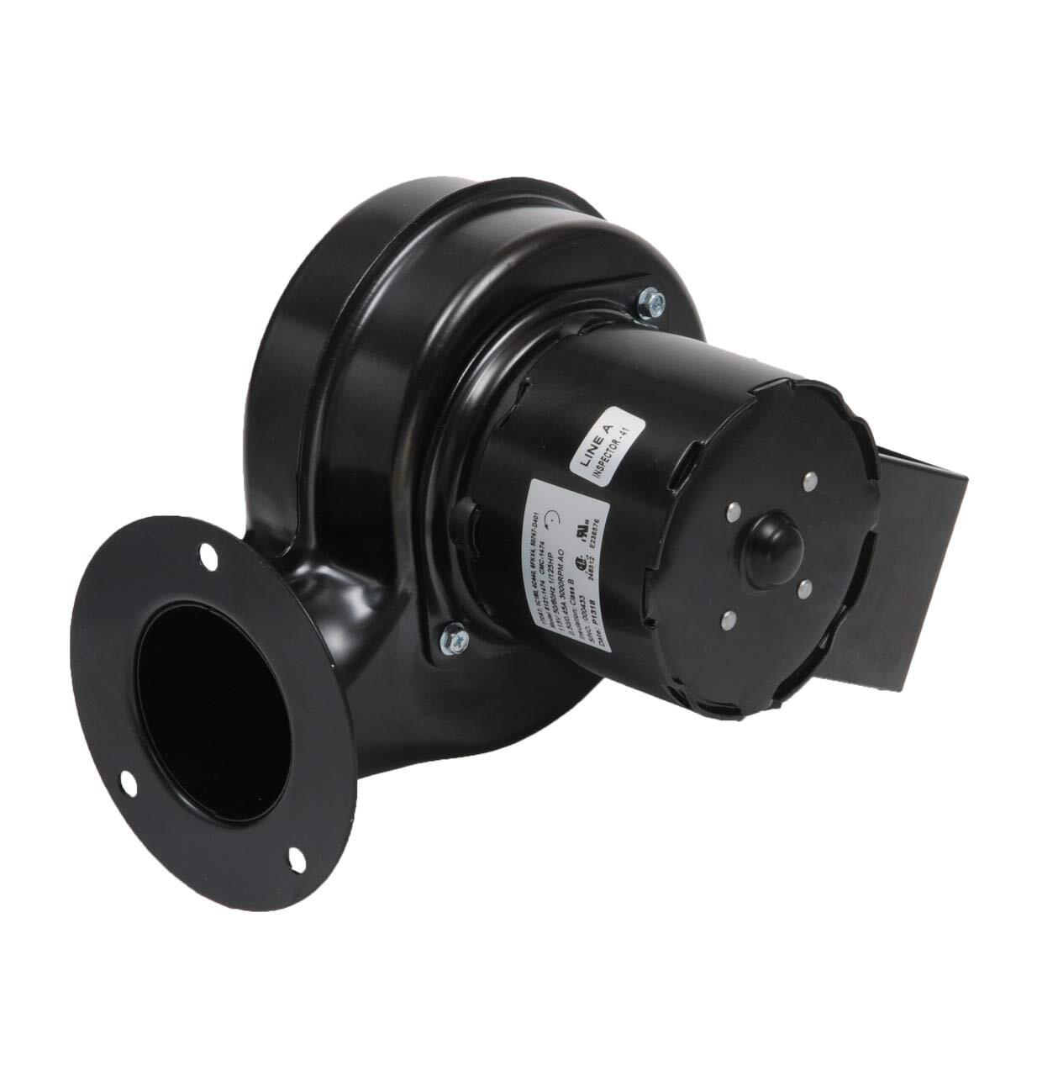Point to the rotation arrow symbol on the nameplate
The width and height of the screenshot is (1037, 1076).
pyautogui.click(x=550, y=519)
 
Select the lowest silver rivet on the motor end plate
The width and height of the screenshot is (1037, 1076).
pyautogui.click(x=725, y=621)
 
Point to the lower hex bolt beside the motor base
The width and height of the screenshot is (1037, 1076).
pyautogui.click(x=451, y=633)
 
